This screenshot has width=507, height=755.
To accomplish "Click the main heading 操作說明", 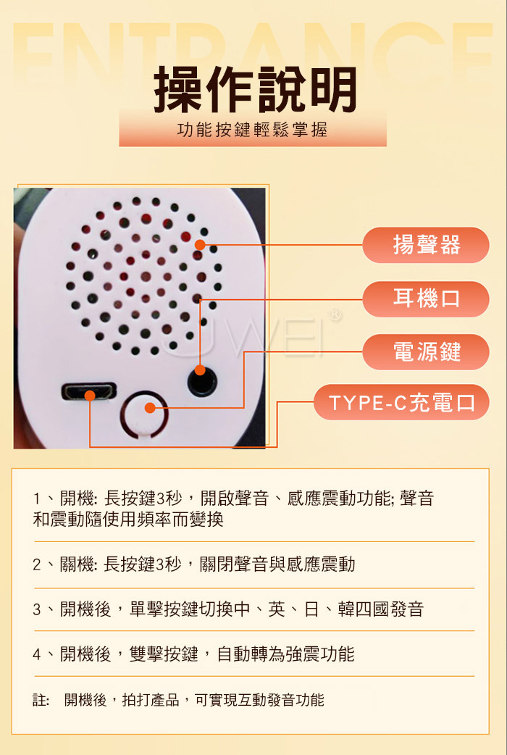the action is click(x=255, y=90).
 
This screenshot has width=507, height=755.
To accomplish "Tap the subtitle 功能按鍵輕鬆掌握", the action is click(x=253, y=130).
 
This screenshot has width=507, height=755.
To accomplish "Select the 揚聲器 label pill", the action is click(x=426, y=245).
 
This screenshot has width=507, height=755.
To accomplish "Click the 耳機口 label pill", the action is click(x=426, y=299).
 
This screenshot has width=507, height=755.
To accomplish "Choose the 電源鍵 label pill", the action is click(x=426, y=352).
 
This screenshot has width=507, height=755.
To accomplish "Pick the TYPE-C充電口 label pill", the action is click(x=401, y=403).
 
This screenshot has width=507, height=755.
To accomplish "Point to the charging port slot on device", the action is click(x=89, y=391).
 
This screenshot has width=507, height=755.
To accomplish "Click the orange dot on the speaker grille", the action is click(x=200, y=245).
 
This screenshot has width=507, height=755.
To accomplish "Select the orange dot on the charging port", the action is click(x=90, y=396).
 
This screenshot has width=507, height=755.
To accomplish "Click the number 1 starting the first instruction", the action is click(x=37, y=499).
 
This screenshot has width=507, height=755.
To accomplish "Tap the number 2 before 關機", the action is click(x=37, y=564).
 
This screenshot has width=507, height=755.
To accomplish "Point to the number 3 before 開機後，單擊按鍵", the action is click(x=37, y=609).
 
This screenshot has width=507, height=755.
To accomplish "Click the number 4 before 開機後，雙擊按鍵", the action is click(x=37, y=654).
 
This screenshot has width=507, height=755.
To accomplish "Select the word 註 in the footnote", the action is click(x=40, y=700).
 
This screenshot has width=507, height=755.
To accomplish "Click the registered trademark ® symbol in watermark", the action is click(x=335, y=315).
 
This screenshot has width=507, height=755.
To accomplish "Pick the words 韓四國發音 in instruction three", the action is click(x=380, y=609).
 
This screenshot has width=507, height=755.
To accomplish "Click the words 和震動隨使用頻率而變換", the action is click(x=128, y=520).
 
